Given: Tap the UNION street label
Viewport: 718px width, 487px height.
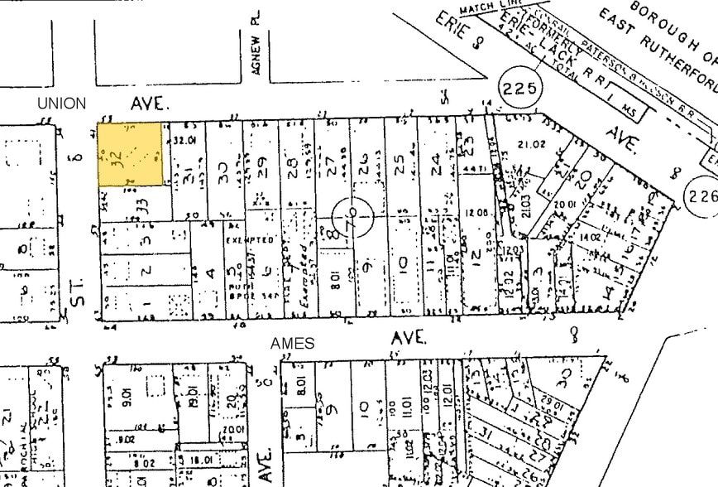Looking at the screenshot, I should click(61, 104).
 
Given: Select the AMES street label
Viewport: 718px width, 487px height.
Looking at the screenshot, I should click(293, 343).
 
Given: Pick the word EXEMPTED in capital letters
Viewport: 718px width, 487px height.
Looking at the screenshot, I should click(250, 239).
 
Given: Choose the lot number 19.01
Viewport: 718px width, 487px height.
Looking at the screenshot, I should click(193, 395).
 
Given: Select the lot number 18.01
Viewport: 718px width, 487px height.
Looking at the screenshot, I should click(195, 460).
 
